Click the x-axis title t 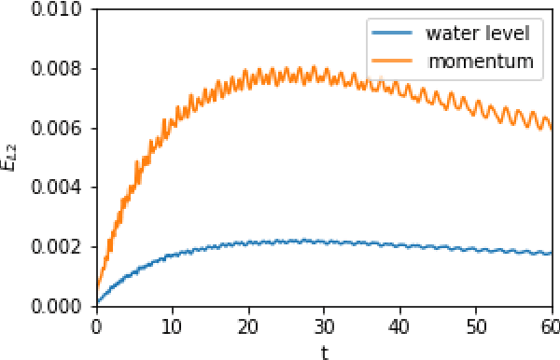point(324,351)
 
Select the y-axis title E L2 point(12,158)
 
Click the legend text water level point(477,35)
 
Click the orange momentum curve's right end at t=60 point(553,128)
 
